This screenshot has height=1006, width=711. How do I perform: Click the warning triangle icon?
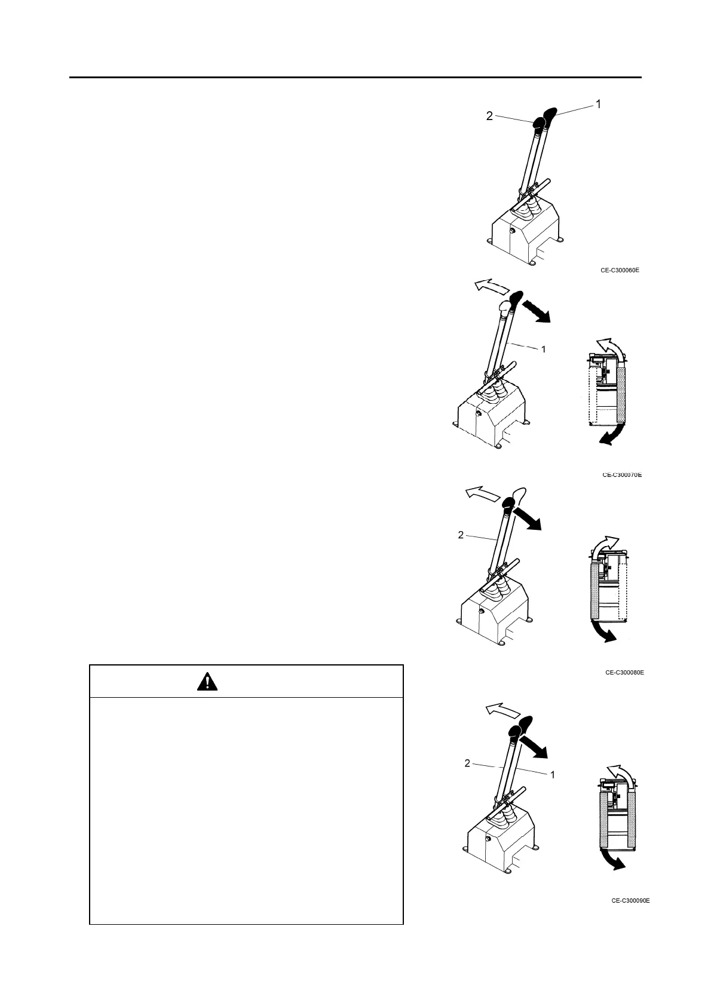[207, 681]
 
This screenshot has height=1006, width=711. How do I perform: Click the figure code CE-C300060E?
[620, 270]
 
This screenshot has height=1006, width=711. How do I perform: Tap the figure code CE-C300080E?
[624, 672]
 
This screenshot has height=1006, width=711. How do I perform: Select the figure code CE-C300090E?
[630, 900]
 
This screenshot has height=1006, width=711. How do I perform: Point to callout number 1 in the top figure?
[597, 104]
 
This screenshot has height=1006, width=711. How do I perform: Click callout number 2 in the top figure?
[489, 116]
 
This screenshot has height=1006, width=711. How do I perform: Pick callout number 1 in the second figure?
[543, 349]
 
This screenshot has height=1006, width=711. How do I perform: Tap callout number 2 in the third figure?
[461, 535]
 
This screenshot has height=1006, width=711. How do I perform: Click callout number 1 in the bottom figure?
[553, 774]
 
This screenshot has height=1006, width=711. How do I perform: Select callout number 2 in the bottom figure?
[467, 763]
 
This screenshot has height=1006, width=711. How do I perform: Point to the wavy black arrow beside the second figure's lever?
[535, 311]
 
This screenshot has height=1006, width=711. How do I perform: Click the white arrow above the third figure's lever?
[483, 494]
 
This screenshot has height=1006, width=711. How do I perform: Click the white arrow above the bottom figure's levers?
[501, 709]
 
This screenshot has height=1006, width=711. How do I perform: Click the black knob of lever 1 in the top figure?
[550, 113]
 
